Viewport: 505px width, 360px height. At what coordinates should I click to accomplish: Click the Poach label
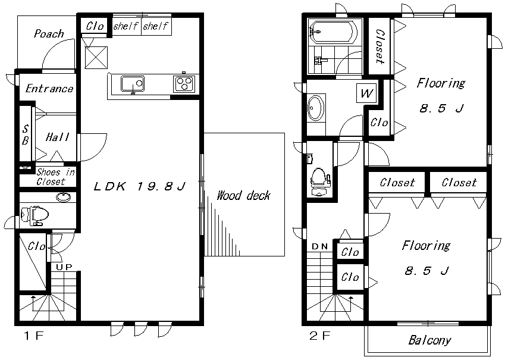click(x=49, y=34)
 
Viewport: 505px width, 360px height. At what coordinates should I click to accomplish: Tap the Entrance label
click(x=49, y=89)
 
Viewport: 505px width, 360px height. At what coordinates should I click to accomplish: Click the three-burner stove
click(x=183, y=83)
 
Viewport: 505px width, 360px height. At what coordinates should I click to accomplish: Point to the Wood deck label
click(x=243, y=195)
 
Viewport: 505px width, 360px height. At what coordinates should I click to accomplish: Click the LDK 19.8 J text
click(x=141, y=187)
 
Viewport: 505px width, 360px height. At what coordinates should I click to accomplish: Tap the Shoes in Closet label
click(x=55, y=177)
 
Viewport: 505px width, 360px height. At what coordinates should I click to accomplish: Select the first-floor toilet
click(x=34, y=215)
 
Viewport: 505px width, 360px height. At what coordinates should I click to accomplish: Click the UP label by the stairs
click(x=64, y=267)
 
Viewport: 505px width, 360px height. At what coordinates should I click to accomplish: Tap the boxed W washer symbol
click(x=366, y=93)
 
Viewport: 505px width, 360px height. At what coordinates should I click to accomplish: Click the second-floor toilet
click(x=320, y=179)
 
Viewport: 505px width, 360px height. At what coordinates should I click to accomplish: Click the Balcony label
click(x=429, y=341)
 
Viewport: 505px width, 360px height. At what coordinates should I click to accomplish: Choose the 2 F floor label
click(x=319, y=336)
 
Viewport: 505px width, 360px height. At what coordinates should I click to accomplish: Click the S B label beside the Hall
click(x=25, y=134)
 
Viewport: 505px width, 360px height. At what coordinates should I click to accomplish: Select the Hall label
click(x=57, y=137)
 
